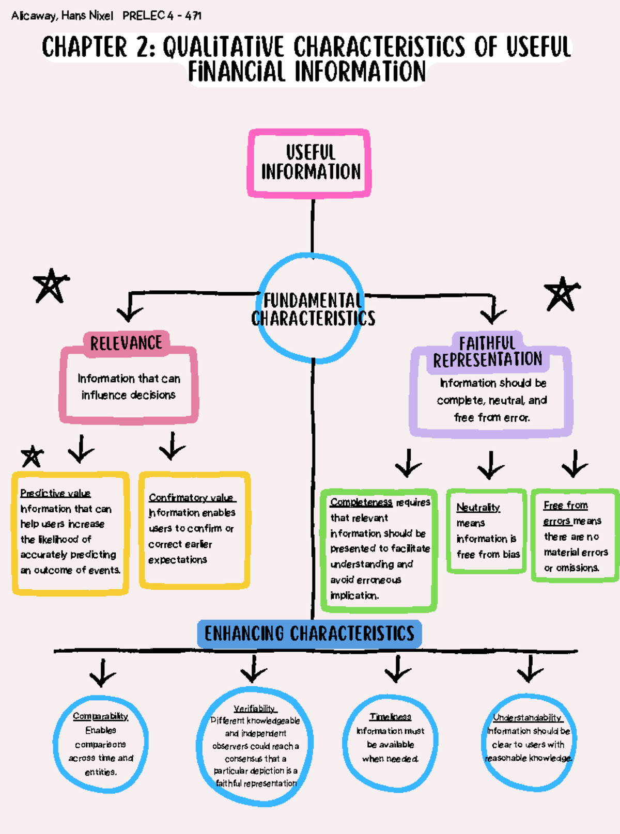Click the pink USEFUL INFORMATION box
pos(309,163)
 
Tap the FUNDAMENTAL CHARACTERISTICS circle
pos(312,308)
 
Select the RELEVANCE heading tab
pos(126,343)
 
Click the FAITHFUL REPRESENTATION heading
pos(487,352)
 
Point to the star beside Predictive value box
pos(32,457)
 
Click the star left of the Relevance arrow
pos(51,286)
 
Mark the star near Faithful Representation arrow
pos(562,294)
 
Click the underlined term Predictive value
pos(55,493)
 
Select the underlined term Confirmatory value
pos(192,497)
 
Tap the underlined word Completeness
pos(361,502)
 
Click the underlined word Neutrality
pos(478,508)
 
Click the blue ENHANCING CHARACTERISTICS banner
pos(309,634)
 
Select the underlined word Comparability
pos(100,716)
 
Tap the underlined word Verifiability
pos(254,709)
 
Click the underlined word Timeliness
pos(390,717)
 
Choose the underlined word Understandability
pos(527,717)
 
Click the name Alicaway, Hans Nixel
pos(62,15)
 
